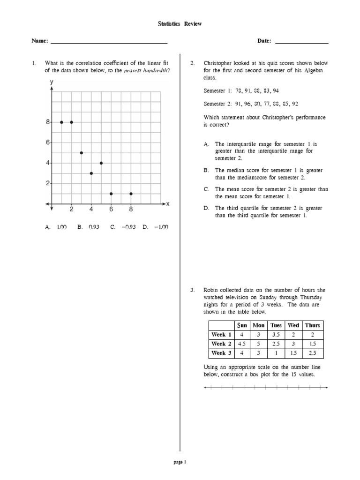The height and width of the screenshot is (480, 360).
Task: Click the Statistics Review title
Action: coord(180,24)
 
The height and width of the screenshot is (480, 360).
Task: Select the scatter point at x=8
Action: coord(131,194)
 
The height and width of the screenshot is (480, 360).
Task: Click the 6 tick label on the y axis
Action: coord(47,142)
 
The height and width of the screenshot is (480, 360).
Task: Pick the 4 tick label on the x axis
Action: coord(91,210)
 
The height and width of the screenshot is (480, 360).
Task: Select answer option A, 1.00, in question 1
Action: coord(56,227)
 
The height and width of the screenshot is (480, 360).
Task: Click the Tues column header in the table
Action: coord(276,325)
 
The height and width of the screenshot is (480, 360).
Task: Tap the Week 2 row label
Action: coord(221,344)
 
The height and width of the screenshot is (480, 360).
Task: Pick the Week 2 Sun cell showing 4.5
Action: coord(242,344)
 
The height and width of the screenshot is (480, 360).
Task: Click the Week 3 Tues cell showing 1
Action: coord(276,353)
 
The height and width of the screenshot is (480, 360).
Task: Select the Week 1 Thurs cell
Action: coord(313,335)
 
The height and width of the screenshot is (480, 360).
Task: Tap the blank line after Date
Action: coord(301,42)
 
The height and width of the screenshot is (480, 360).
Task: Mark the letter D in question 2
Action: coord(206,208)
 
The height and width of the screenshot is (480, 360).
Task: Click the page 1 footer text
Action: coord(180,462)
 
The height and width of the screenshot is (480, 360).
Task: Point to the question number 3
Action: coord(192,291)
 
